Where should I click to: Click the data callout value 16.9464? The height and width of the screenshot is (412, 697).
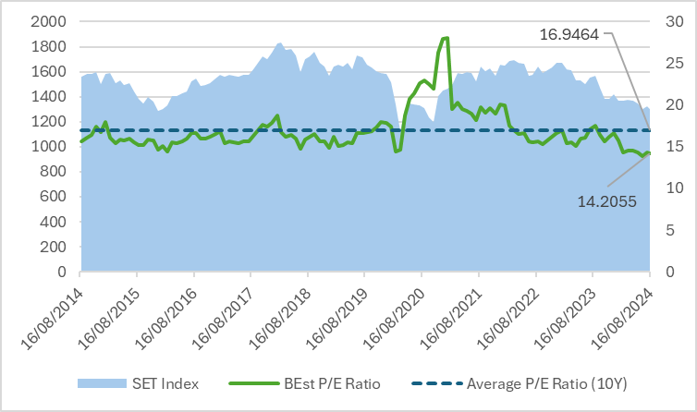click(570, 34)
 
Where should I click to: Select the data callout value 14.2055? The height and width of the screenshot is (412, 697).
click(593, 199)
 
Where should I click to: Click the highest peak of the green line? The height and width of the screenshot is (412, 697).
click(446, 38)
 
